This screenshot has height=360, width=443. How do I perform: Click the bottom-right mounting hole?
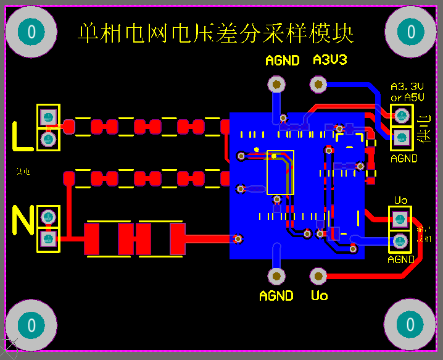410,324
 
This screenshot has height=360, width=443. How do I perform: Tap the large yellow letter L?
23,136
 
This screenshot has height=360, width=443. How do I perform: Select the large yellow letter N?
23,221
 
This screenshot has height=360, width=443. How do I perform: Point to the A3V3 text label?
330,60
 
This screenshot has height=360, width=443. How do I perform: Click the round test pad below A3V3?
318,83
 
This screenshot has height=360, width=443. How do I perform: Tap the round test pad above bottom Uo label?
318,275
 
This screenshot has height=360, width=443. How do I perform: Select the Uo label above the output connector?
400,200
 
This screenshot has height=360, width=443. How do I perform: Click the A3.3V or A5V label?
407,92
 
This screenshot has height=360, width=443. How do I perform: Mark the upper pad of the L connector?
48,116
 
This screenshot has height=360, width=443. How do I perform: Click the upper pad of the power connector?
402,115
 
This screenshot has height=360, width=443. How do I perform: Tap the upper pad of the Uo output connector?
400,218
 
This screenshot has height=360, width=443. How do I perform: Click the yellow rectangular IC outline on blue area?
280,172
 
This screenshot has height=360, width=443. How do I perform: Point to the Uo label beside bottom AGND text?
320,296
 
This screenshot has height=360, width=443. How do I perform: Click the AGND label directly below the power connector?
404,158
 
